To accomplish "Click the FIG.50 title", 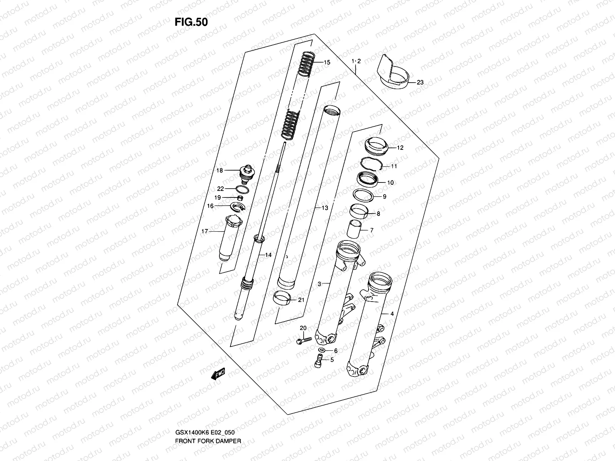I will [191, 22].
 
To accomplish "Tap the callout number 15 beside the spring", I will [327, 62].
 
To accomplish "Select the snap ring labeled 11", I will [371, 164].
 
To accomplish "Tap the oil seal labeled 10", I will [367, 180].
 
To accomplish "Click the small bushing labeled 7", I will [355, 230].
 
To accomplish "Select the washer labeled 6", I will [321, 350].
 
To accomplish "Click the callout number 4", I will [392, 314].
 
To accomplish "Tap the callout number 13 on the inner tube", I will [325, 208].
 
